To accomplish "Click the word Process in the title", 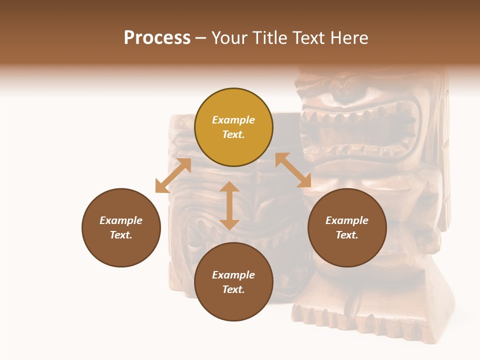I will point(157,38).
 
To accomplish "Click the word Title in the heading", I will point(268,38).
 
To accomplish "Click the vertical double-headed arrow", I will point(229,205).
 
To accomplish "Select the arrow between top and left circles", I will point(173,175).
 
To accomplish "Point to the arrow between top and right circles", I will point(293,170).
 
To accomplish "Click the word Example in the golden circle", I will point(233,120).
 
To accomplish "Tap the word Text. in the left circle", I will point(121,235).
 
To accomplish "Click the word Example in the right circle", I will point(347,220).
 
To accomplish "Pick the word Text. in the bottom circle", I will point(233,289).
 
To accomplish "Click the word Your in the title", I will point(231,38).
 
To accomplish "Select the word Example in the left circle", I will point(121,220).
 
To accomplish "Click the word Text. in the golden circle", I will point(233,134).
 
